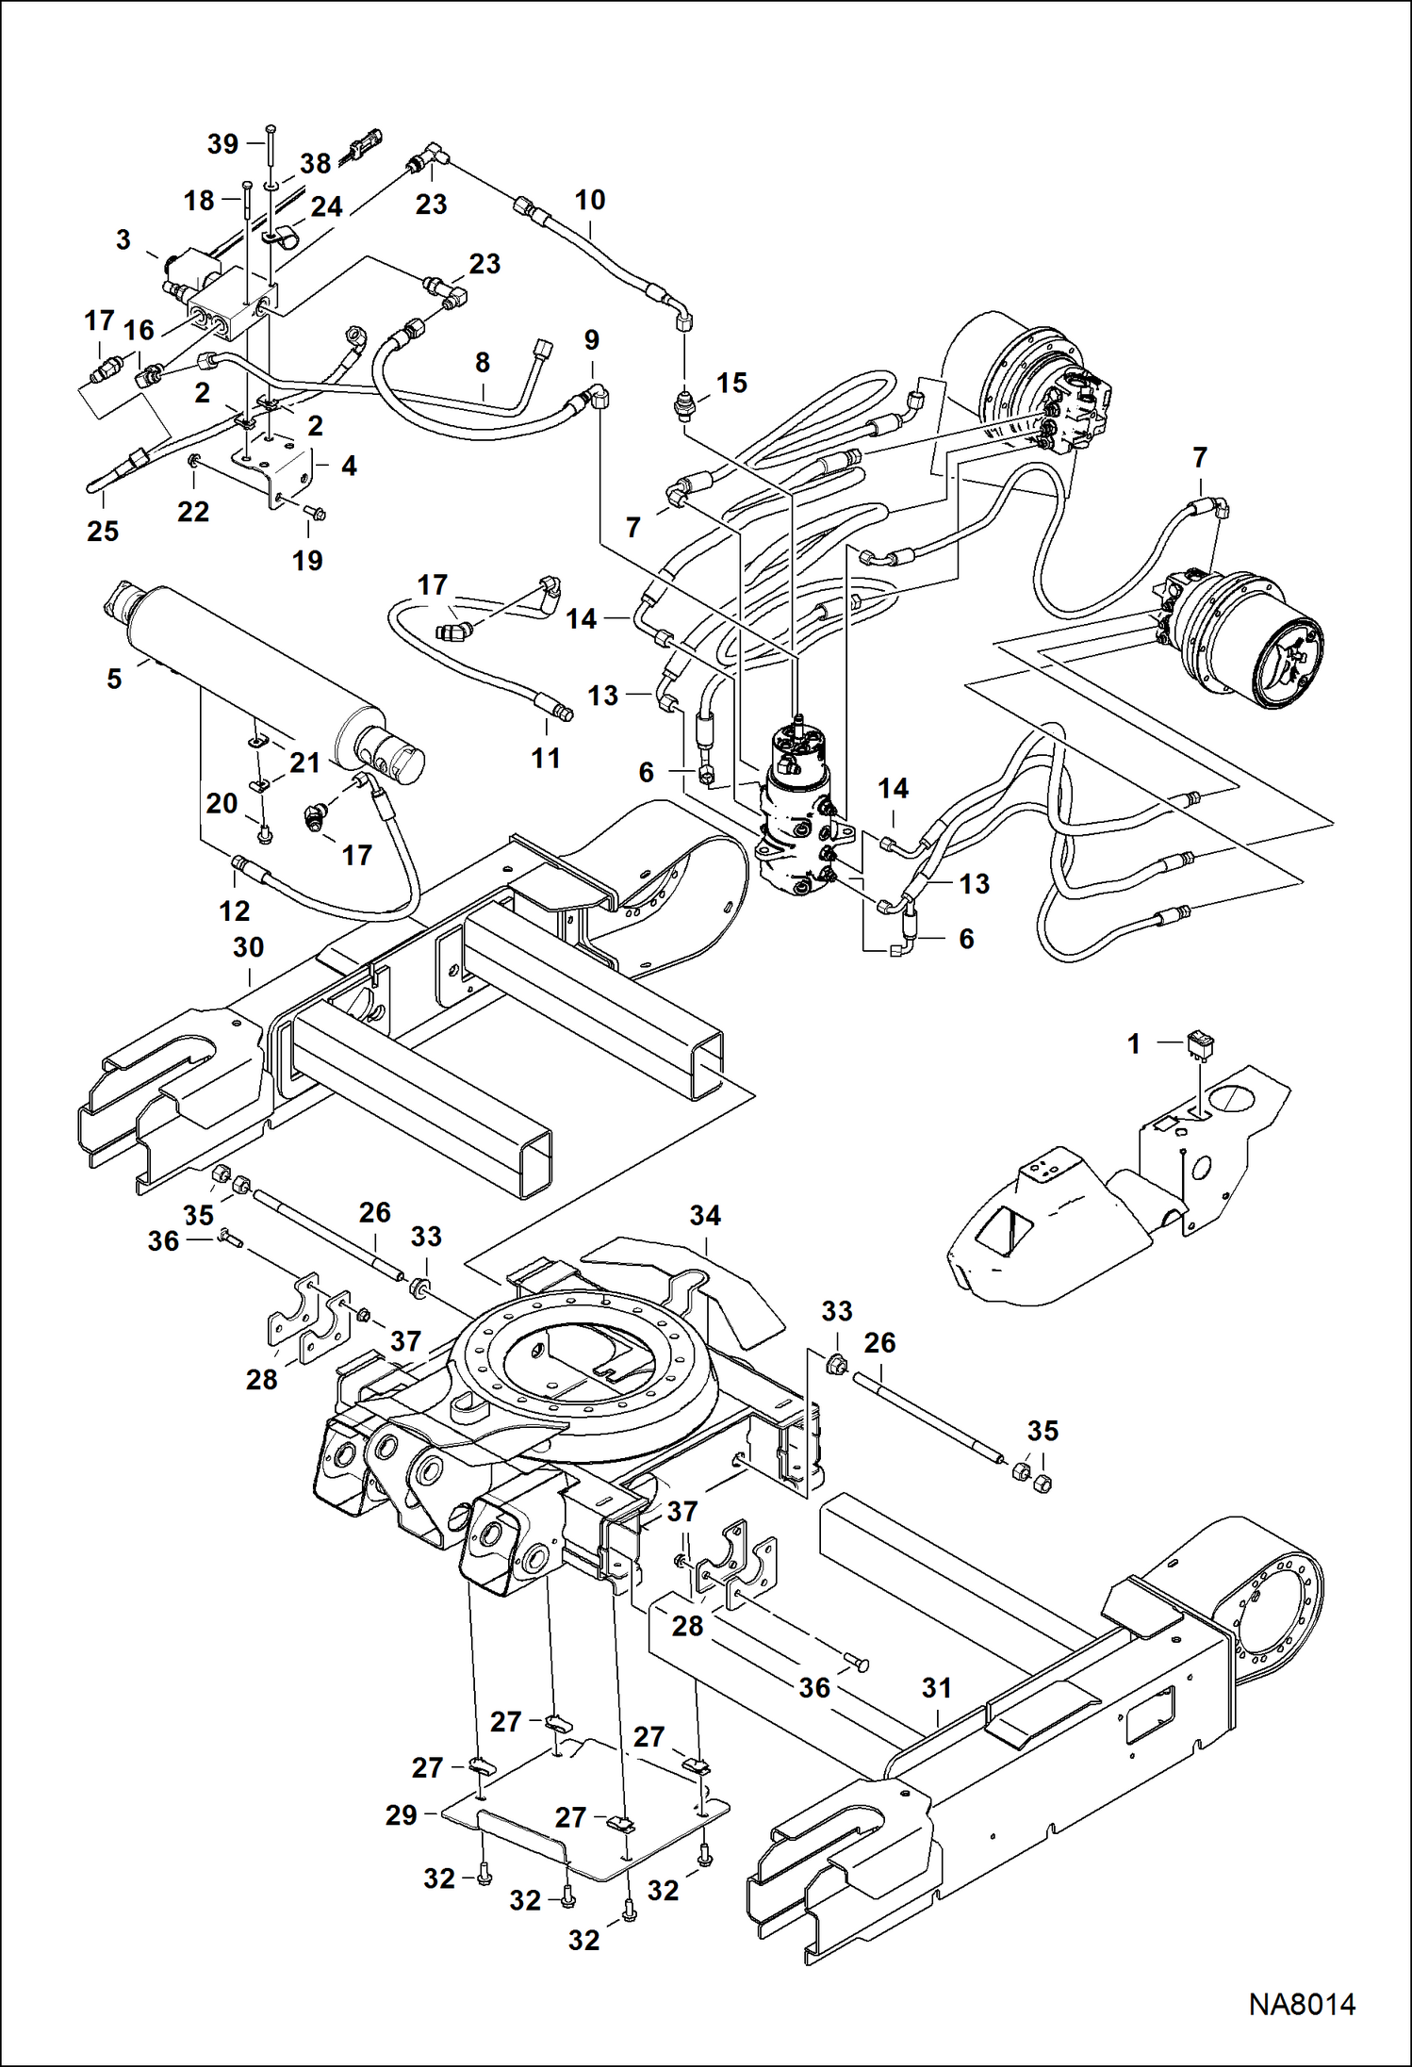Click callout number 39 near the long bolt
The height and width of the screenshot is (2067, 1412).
(x=222, y=144)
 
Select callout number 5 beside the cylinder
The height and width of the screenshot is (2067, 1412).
(x=114, y=679)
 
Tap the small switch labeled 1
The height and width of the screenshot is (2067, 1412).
(x=1201, y=1044)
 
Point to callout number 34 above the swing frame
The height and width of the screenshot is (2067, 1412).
(x=705, y=1216)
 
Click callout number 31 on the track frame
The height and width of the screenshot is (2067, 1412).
(x=936, y=1688)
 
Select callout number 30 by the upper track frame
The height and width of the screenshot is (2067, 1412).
(x=248, y=947)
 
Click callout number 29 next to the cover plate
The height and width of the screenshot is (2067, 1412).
(x=401, y=1814)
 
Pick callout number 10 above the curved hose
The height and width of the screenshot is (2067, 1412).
(x=589, y=200)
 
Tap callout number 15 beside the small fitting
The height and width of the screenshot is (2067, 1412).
(x=731, y=383)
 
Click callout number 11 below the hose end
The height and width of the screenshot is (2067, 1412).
(x=546, y=758)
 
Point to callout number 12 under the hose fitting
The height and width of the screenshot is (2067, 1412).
(x=235, y=910)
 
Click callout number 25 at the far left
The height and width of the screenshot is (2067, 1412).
(x=103, y=532)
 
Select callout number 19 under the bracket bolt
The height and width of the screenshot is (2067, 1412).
(x=307, y=561)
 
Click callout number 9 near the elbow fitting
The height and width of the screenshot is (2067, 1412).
(x=591, y=339)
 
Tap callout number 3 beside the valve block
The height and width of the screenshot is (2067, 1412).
(x=123, y=240)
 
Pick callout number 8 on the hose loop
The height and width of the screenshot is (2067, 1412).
(x=482, y=363)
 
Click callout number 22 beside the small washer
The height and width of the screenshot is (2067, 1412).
(x=193, y=512)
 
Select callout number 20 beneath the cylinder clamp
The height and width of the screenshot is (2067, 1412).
(x=222, y=803)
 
